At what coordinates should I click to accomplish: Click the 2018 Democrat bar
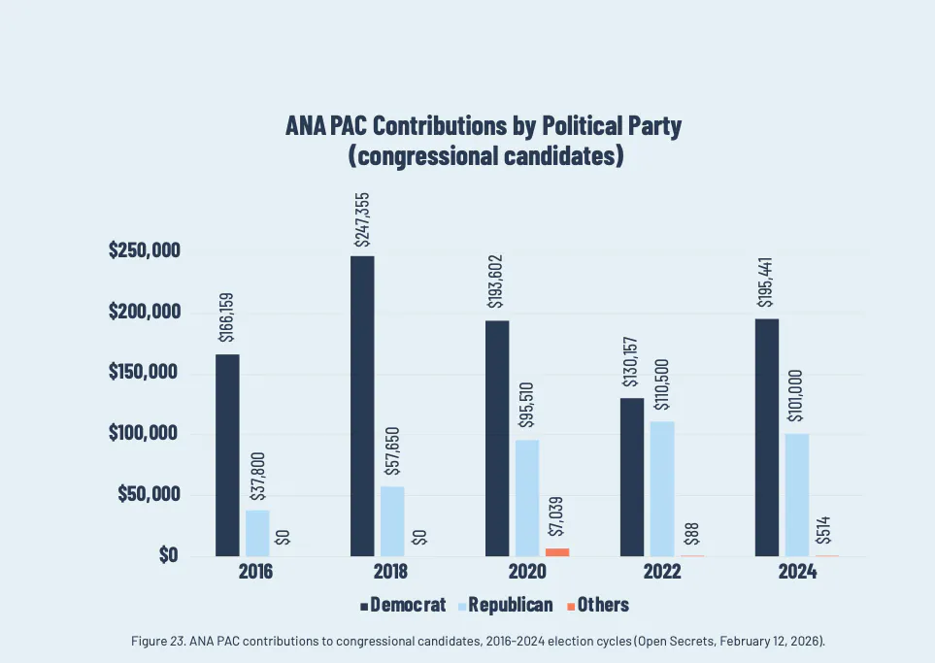[x=362, y=406]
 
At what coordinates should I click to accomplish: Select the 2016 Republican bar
[x=257, y=533]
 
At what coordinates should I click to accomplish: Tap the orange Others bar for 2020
[x=556, y=552]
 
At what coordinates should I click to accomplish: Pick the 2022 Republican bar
[x=663, y=488]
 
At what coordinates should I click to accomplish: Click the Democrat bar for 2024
[x=767, y=437]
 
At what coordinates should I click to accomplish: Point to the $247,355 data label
[x=362, y=220]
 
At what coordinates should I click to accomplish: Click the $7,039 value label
[x=557, y=518]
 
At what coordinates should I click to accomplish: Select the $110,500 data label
[x=663, y=387]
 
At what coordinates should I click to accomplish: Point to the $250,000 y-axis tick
[x=144, y=251]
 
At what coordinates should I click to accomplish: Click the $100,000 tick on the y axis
[x=144, y=434]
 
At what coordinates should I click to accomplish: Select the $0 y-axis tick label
[x=167, y=555]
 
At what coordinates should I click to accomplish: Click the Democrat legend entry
[x=403, y=605]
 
